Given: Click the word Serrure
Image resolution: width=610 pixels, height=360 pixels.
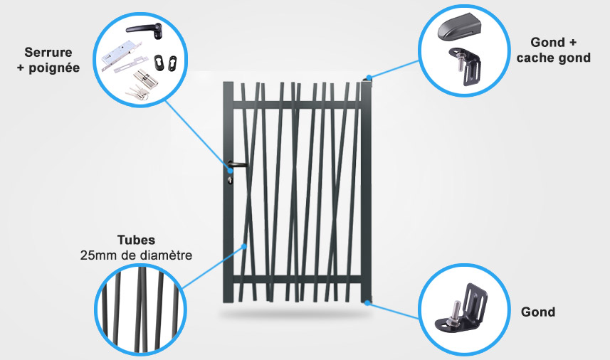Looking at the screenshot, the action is point(48,52).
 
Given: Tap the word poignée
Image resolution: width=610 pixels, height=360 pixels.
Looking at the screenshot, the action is point(54,68).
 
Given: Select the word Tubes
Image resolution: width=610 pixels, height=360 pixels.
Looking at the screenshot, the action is point(136,240).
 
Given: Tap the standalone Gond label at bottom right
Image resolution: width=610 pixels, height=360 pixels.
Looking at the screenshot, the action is point(538,312).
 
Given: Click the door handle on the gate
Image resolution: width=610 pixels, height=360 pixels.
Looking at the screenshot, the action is point(237,165).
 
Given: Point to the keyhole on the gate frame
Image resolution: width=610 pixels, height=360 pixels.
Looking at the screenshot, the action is point(229,179).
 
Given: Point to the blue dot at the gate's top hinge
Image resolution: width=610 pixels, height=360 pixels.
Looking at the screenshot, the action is point(369,78).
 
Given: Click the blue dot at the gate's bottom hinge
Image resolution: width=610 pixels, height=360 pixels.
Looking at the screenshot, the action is point(367,302).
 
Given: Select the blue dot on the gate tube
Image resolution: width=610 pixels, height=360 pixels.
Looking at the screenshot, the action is point(244,246).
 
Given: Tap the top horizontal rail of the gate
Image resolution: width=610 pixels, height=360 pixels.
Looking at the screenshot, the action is point(296,105).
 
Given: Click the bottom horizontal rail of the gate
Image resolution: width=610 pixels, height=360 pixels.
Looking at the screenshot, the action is point(296,280).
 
